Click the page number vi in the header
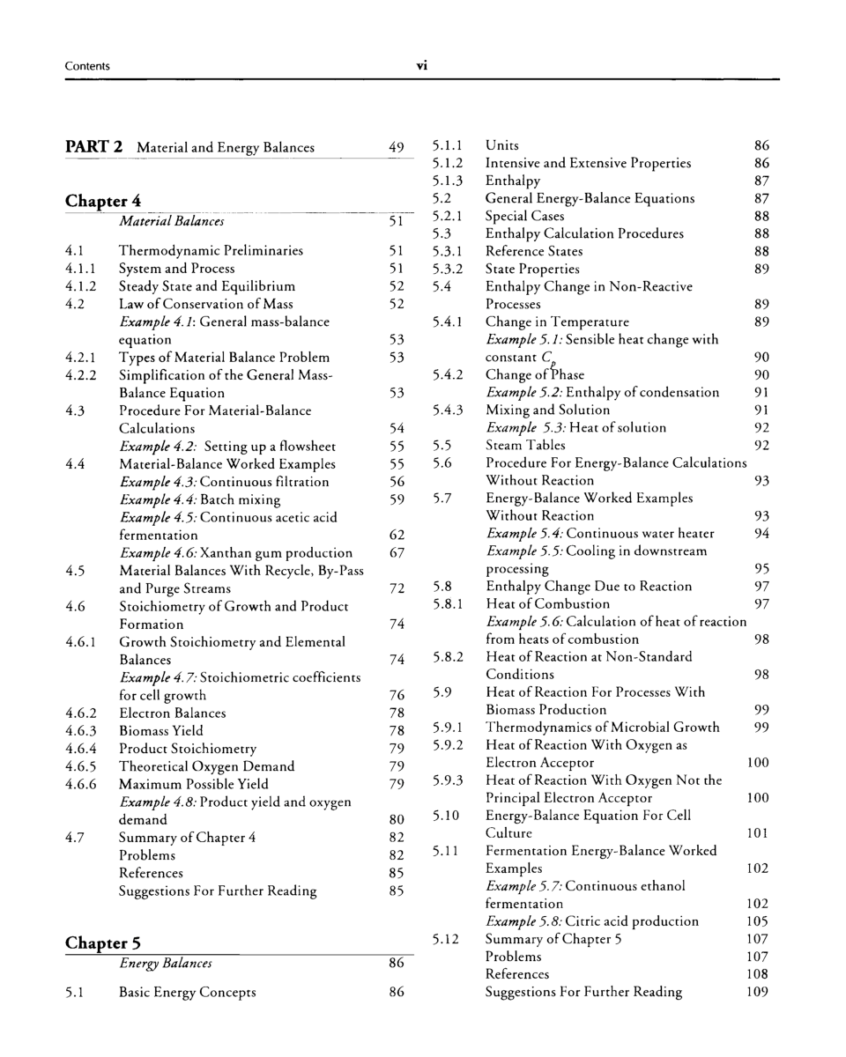tap(422, 66)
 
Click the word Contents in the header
tap(87, 66)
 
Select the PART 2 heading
tap(93, 147)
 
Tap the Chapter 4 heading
tap(103, 201)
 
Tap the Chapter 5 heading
tap(103, 943)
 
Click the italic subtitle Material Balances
tap(171, 221)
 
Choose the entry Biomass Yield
tap(160, 731)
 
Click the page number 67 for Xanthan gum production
tap(397, 553)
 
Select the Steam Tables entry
tap(526, 446)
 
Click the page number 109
tap(757, 992)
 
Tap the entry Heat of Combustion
tap(547, 604)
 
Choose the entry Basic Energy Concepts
tap(187, 993)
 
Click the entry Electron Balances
tap(172, 713)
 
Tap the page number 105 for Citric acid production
tap(757, 921)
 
